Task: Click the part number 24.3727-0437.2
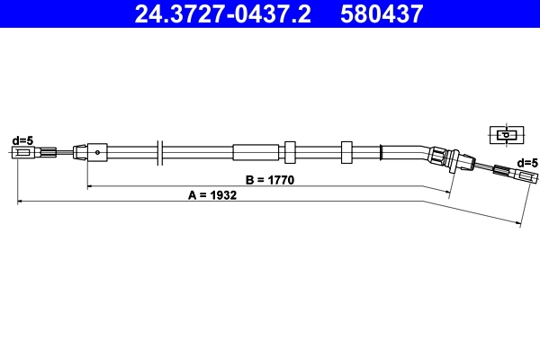[x=225, y=13]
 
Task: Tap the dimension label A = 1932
[x=212, y=195]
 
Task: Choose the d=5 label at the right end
[x=527, y=162]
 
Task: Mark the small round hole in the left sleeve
[x=96, y=151]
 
